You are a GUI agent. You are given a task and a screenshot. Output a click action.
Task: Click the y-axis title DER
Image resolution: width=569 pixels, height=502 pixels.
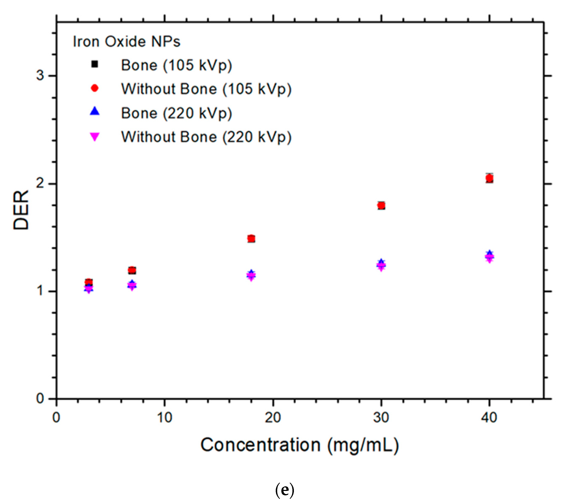click(x=21, y=210)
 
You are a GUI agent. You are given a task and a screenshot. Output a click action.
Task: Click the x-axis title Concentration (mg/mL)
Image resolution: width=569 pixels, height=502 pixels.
click(x=300, y=445)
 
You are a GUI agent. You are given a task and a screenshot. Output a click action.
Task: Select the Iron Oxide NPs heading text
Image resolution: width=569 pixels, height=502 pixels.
click(x=126, y=42)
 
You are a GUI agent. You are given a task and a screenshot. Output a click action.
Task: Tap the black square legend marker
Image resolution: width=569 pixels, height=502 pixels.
click(x=95, y=64)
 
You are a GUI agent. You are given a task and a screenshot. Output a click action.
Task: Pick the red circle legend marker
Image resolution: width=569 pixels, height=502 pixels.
click(x=95, y=88)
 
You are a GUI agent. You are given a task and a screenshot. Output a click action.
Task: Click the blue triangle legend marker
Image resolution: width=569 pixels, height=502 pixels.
click(x=95, y=111)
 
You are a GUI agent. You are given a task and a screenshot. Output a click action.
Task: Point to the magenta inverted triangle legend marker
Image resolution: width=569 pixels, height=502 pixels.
click(x=95, y=137)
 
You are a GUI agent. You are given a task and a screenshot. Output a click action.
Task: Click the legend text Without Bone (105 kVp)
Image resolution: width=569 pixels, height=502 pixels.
click(x=206, y=89)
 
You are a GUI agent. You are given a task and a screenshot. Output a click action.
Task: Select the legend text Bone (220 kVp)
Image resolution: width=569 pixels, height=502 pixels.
click(x=176, y=113)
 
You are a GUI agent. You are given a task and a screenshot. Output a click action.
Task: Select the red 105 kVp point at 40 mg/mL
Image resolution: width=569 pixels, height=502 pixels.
click(x=489, y=178)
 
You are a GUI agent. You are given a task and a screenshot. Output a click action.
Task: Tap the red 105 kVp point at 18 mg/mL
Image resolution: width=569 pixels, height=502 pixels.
click(x=251, y=238)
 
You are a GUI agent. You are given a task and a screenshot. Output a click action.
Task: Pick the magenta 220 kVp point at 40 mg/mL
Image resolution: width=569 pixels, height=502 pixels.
click(x=489, y=258)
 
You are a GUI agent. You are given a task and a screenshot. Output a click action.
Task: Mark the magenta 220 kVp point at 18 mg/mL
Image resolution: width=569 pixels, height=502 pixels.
click(x=251, y=276)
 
